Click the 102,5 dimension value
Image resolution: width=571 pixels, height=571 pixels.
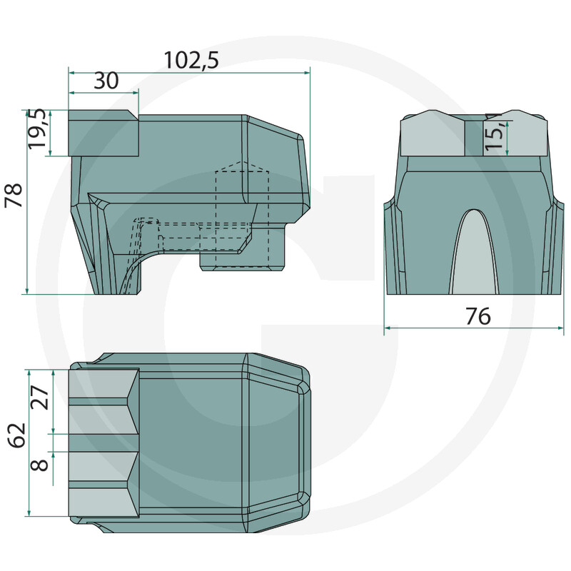tap(190, 59)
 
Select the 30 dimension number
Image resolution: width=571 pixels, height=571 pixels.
tap(106, 81)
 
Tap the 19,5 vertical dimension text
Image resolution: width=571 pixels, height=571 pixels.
tap(38, 129)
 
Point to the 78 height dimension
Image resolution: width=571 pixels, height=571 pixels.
tap(14, 196)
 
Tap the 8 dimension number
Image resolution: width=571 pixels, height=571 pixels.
tap(41, 465)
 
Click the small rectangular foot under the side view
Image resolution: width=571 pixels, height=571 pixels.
tap(243, 257)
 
